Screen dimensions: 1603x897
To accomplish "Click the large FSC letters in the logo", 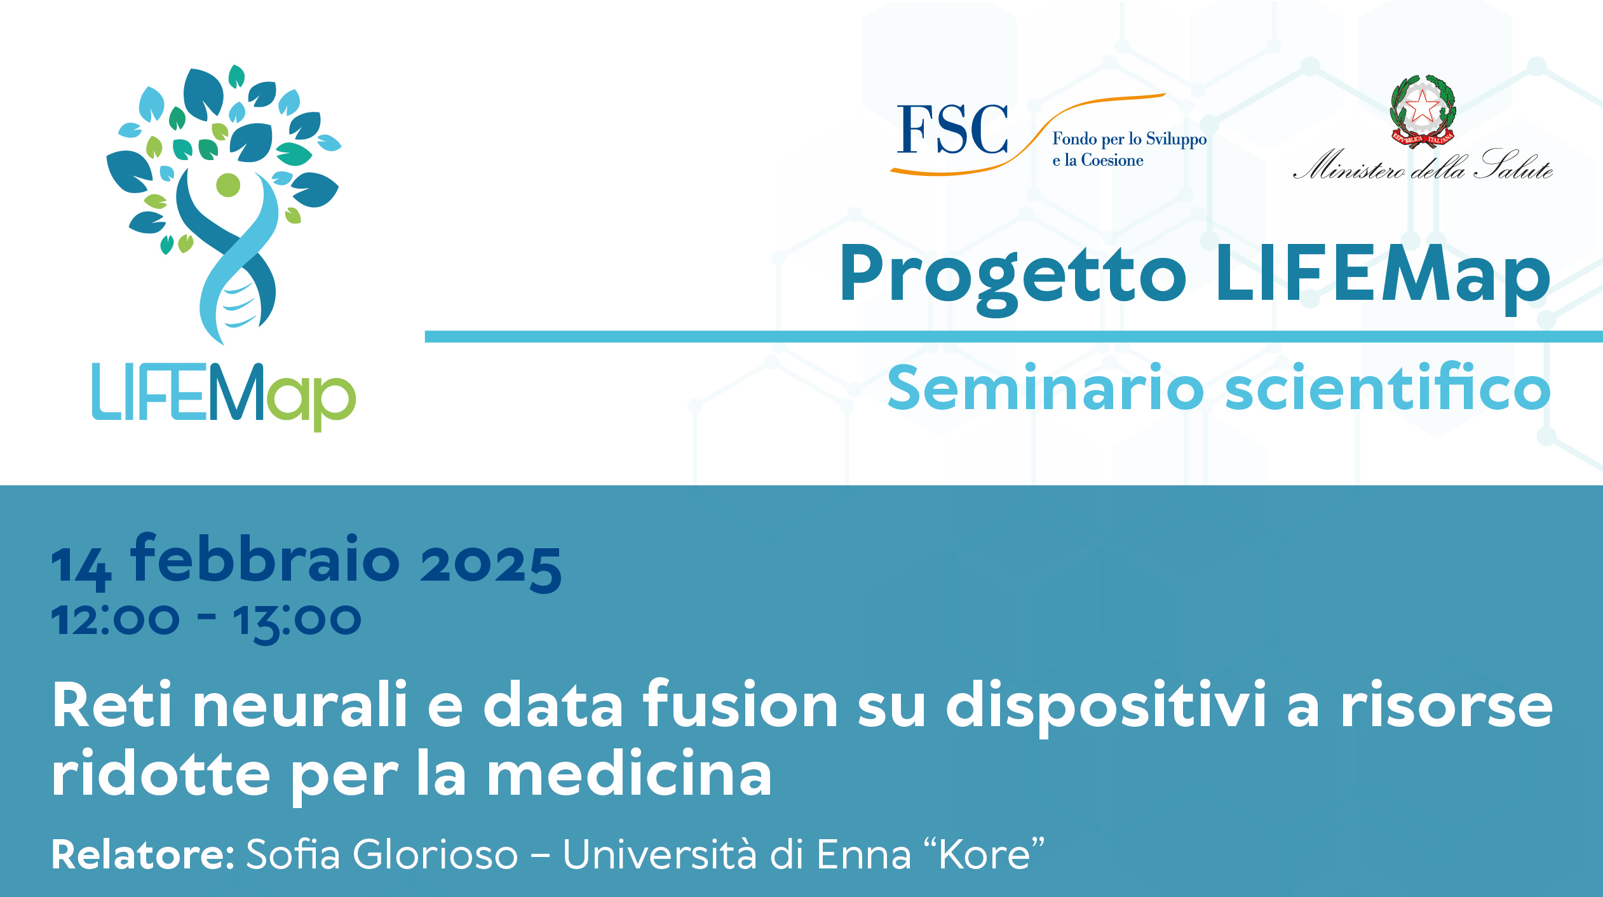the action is [952, 130].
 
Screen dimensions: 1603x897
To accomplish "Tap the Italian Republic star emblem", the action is [1423, 111].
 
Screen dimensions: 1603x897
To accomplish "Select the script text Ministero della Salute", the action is [1423, 166].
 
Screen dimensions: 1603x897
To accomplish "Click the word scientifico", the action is [1388, 386].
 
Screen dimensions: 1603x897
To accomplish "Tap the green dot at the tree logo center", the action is [228, 185].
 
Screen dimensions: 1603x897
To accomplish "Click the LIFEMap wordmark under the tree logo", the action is [224, 396].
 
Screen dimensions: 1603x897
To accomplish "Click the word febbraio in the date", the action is [265, 558].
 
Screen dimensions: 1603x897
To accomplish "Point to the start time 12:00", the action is [115, 619].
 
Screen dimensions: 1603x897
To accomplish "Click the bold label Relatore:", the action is [144, 854].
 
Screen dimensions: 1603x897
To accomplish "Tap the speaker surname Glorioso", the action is [436, 854].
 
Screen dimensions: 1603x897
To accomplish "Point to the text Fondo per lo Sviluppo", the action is [1130, 140].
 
